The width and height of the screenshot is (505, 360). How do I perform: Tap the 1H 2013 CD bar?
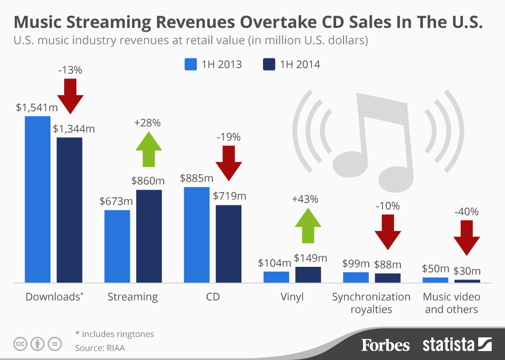click(x=197, y=235)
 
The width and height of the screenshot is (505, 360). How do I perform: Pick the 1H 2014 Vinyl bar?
click(x=308, y=275)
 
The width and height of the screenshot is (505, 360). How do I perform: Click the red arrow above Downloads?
click(x=70, y=96)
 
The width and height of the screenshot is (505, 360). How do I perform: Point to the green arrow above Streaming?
click(x=149, y=148)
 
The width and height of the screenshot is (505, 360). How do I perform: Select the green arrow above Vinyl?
click(x=308, y=225)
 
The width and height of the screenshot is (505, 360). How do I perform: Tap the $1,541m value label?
click(x=36, y=107)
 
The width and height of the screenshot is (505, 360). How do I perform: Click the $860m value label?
click(x=148, y=181)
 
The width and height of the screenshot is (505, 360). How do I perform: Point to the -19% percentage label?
click(x=228, y=137)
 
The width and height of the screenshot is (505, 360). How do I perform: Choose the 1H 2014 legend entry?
click(x=291, y=65)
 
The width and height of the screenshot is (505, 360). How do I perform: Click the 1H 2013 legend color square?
click(x=190, y=65)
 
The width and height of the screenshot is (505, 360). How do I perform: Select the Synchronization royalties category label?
click(x=371, y=303)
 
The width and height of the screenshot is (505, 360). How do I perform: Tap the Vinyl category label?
click(x=292, y=297)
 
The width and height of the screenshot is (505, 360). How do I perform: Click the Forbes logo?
click(x=385, y=345)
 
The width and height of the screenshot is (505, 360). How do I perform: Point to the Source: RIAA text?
click(x=100, y=348)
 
